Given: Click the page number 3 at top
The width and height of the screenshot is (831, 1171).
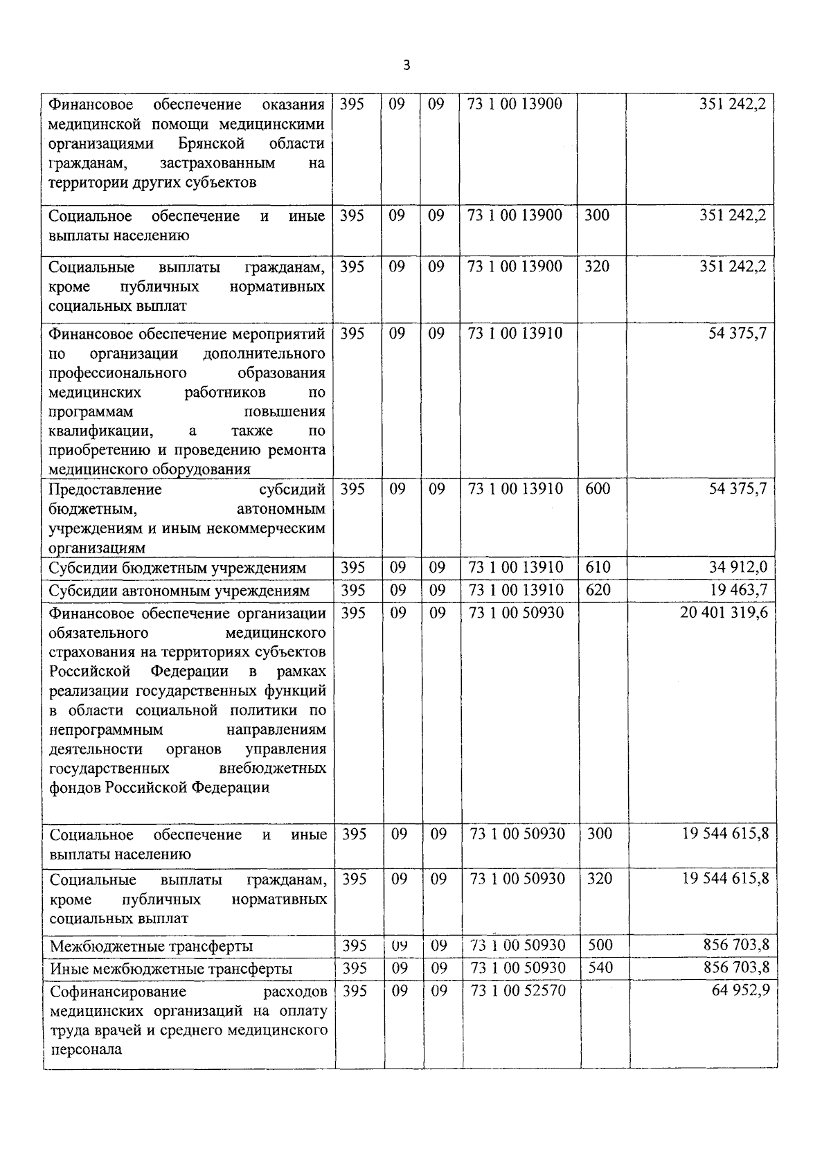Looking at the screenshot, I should point(406,66).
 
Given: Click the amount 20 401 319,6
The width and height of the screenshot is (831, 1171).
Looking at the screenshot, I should point(724,613).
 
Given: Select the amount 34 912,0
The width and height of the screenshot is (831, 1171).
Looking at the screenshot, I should point(738,567).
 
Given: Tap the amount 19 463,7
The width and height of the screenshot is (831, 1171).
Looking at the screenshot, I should point(738,590).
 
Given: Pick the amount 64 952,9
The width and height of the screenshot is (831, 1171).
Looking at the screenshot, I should point(740,990).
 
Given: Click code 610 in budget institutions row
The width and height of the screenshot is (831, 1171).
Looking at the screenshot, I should point(598,567).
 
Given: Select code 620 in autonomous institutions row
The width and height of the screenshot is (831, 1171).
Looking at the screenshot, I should point(598,590).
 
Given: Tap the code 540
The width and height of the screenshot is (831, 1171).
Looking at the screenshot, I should point(600,967).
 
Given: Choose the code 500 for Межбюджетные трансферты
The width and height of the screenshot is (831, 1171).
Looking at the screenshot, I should point(600,945).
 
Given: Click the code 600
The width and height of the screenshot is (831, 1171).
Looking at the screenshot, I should point(598,489).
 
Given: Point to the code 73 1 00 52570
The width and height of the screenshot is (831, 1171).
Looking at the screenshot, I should point(518,990).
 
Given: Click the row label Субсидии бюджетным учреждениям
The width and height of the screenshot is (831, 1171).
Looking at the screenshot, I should point(177,568).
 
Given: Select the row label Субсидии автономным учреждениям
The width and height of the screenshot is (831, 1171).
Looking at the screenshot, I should point(179,591).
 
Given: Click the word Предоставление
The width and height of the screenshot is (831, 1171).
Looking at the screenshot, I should point(105,490).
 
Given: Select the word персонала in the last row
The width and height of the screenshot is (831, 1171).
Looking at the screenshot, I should point(86,1049).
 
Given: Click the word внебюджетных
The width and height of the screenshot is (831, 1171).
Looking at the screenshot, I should point(272,768).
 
